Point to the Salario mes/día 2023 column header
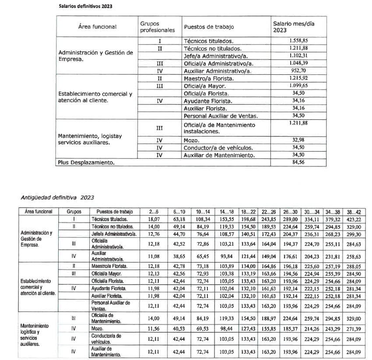coord(294,27)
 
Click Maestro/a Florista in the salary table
coord(209,79)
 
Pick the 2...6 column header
coord(153,211)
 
